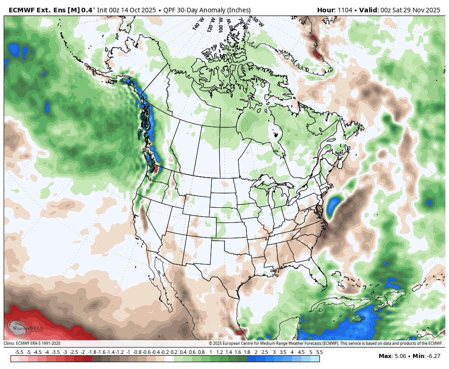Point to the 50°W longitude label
[257, 21]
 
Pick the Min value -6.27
[431, 356]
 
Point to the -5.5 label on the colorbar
[19, 352]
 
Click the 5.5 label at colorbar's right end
[319, 352]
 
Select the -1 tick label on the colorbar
[128, 352]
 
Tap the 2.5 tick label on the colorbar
[265, 352]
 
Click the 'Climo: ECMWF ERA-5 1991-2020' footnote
[32, 343]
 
